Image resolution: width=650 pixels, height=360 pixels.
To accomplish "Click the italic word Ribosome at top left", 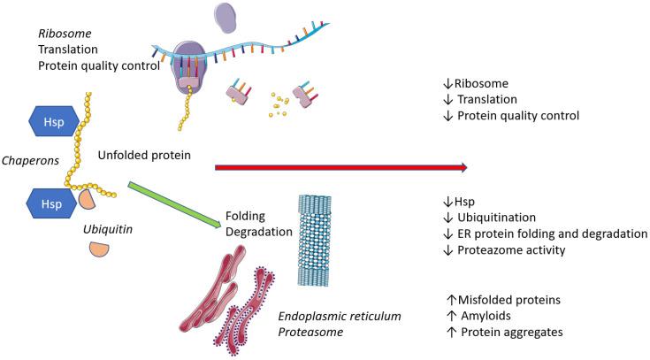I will [61, 33].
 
